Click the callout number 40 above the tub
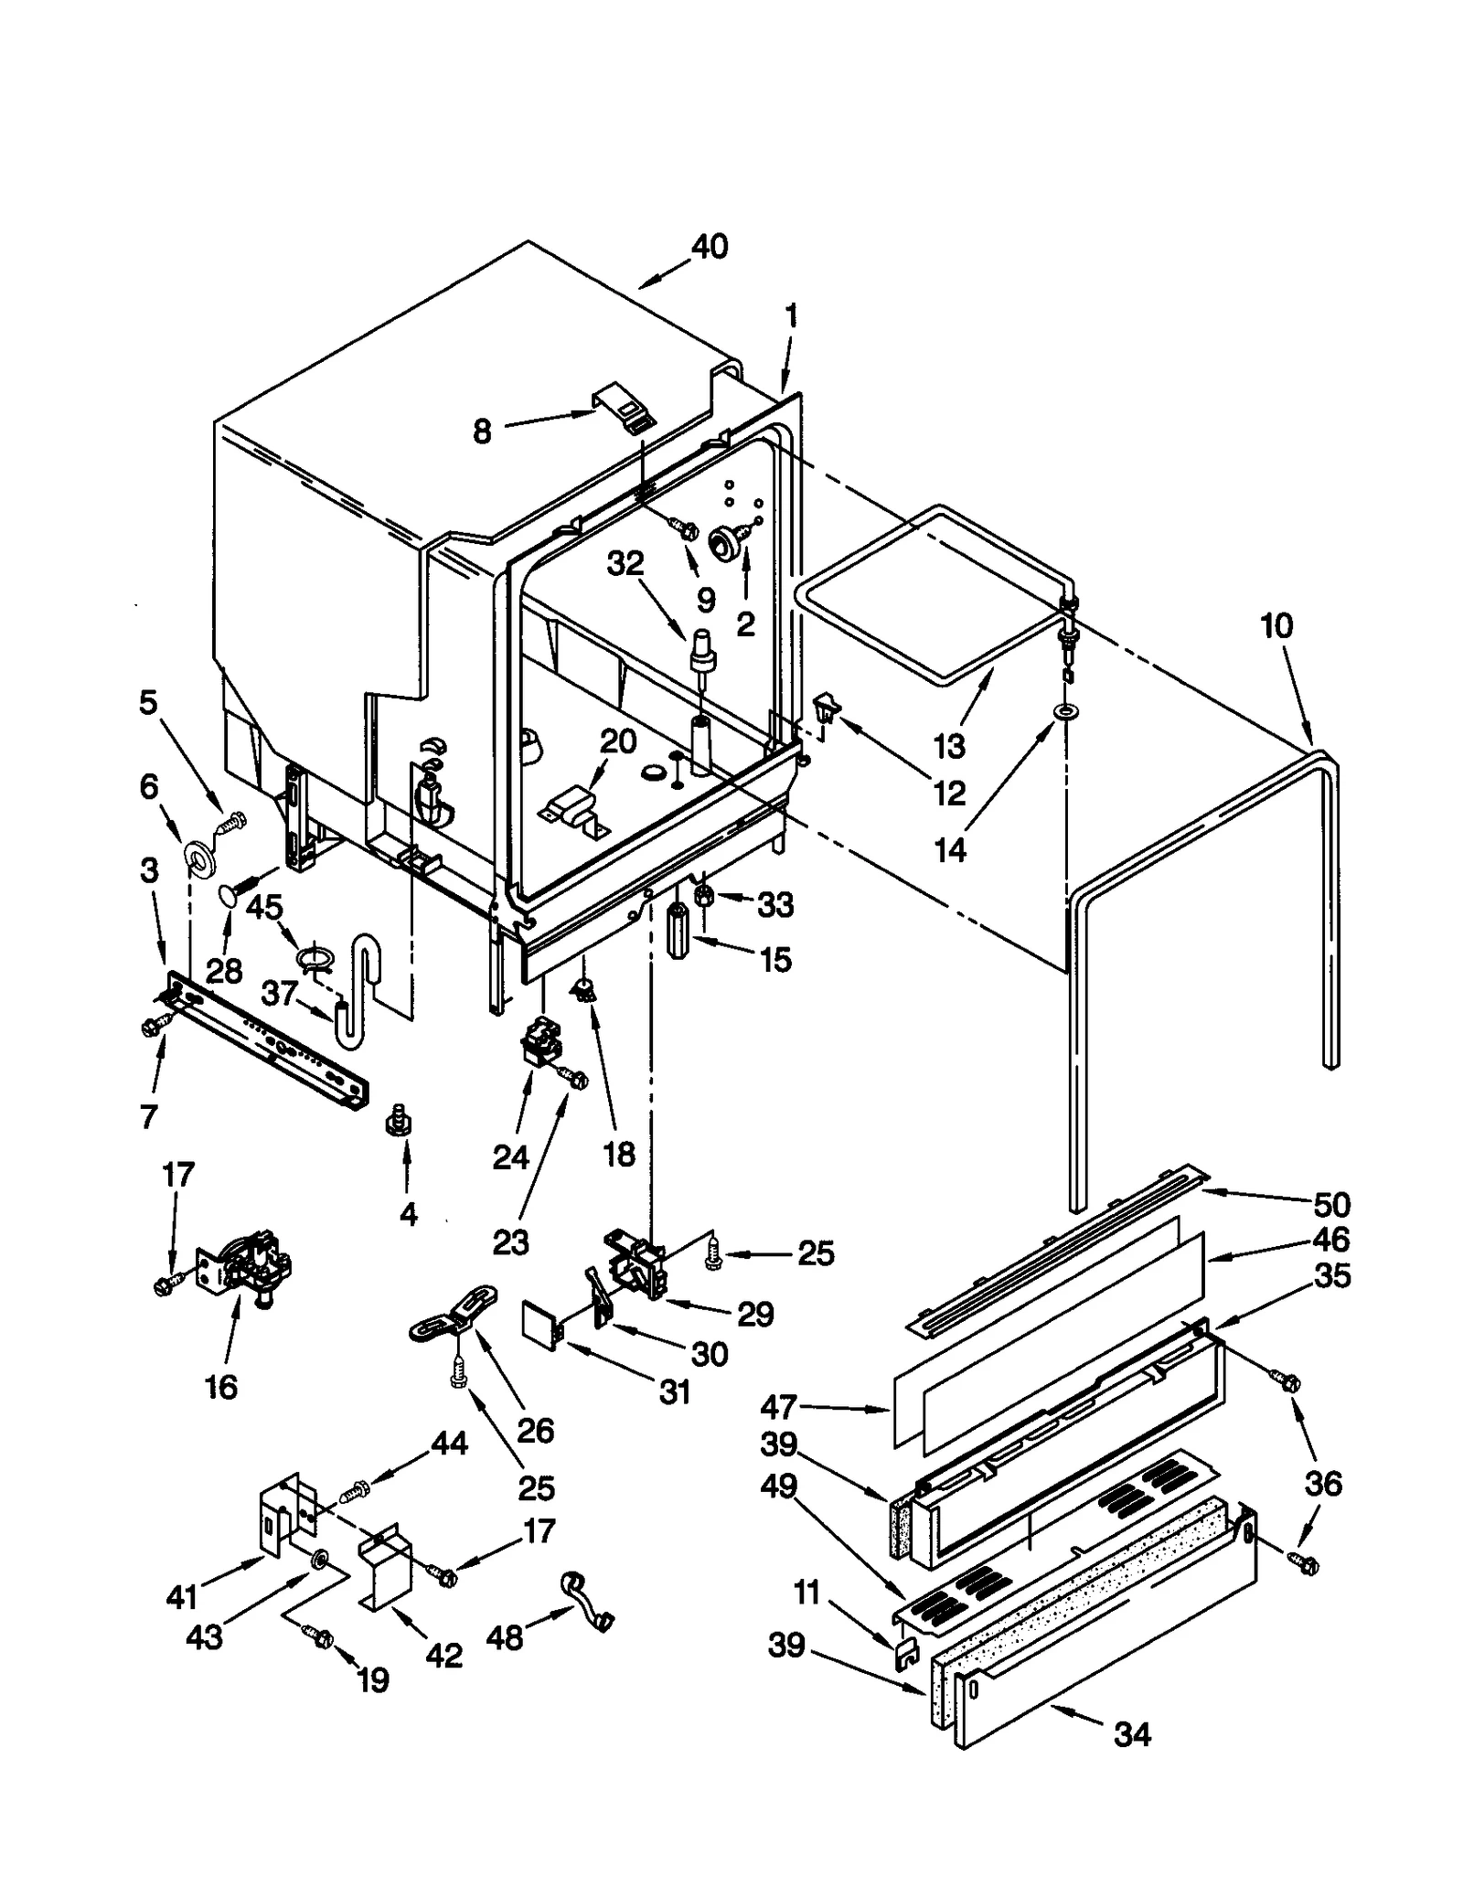pyautogui.click(x=710, y=247)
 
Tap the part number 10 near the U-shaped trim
pyautogui.click(x=1276, y=626)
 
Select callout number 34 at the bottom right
pyautogui.click(x=1132, y=1733)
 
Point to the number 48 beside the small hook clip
pyautogui.click(x=505, y=1636)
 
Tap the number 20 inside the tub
pyautogui.click(x=618, y=741)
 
